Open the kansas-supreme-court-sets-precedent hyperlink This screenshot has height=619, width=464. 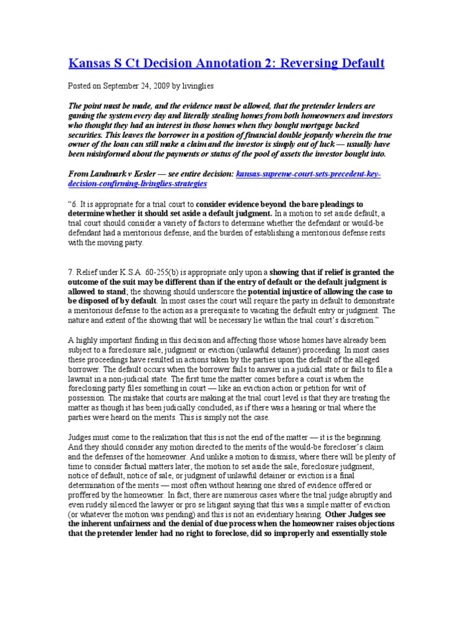coord(308,174)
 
